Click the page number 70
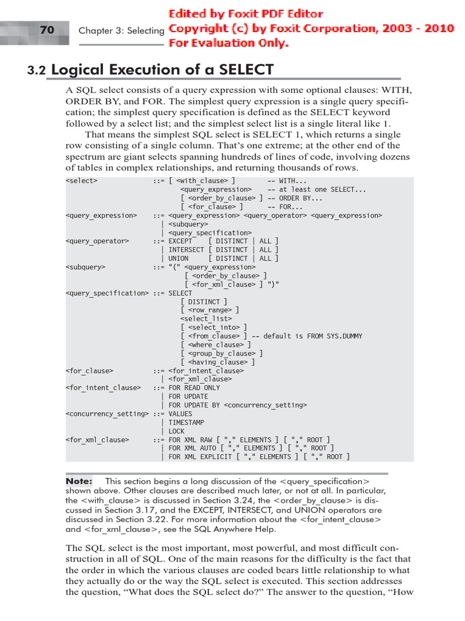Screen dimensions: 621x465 pos(47,29)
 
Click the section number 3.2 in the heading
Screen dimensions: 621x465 pos(36,71)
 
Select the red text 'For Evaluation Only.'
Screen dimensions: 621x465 pos(228,43)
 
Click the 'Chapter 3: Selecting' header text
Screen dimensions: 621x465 pos(121,30)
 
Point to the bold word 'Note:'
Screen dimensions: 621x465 pos(79,481)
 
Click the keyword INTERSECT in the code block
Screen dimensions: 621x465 pos(186,250)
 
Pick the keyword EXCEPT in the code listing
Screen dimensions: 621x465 pos(180,241)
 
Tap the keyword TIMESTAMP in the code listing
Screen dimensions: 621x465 pos(186,422)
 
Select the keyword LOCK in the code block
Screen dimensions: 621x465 pos(177,431)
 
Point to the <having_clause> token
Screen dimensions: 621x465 pos(217,362)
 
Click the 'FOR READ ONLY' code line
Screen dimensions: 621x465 pos(194,388)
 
